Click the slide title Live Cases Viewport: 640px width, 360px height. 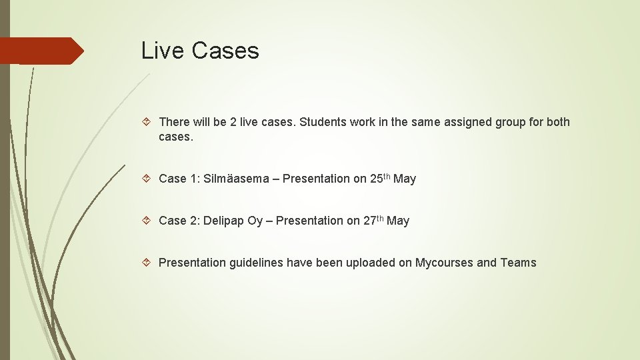point(200,51)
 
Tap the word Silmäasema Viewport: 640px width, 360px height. point(237,179)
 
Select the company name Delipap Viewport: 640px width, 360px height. point(224,221)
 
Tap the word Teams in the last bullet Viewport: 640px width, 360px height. point(518,263)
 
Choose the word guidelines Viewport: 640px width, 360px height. point(256,263)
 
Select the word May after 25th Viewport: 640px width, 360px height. point(405,179)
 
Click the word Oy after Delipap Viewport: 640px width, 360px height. point(255,221)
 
